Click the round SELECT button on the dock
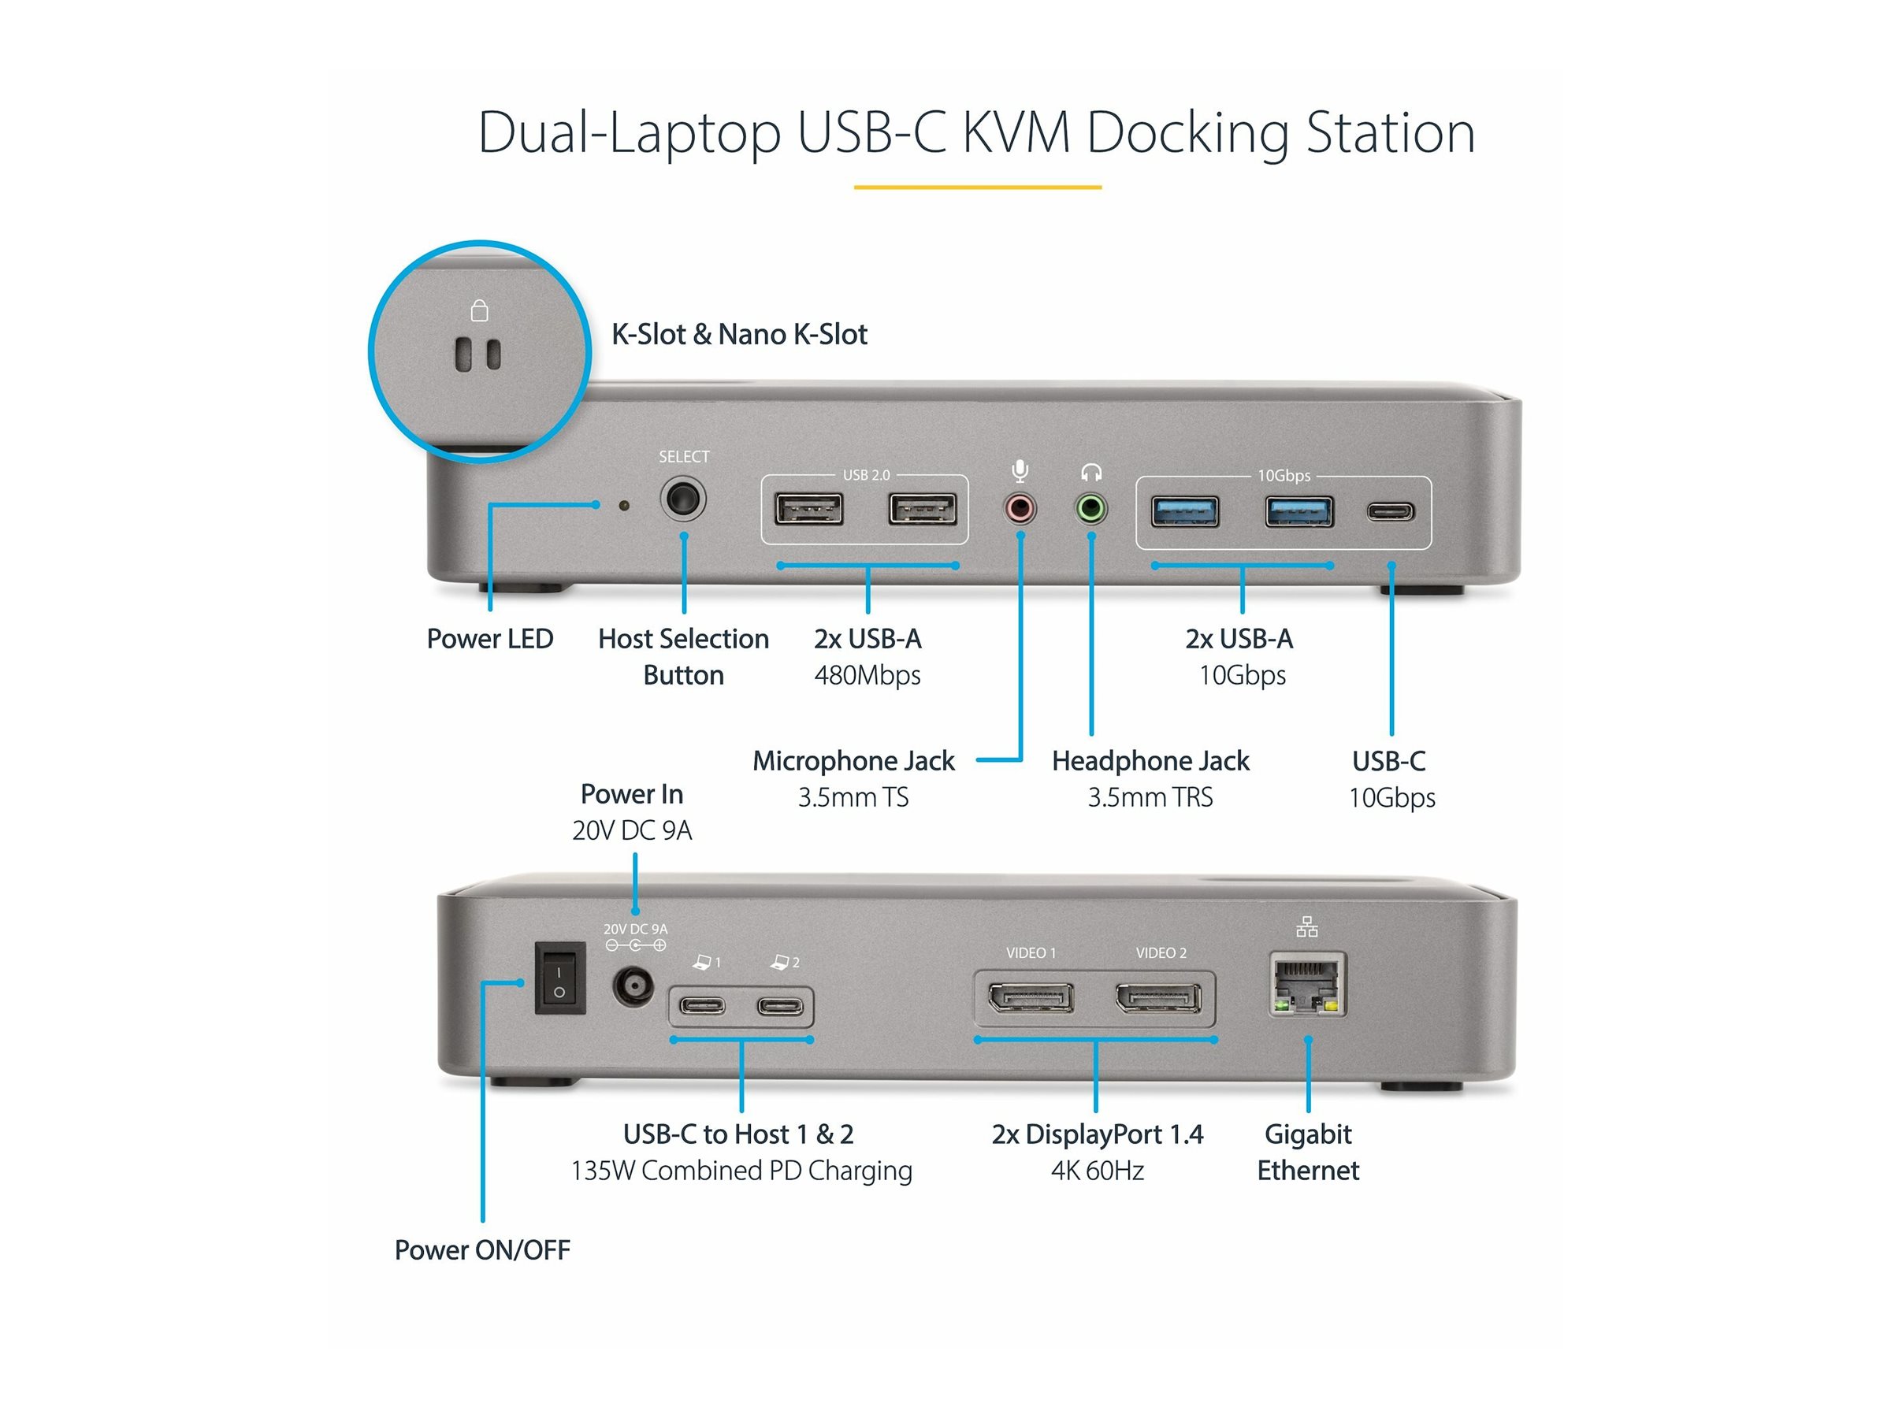682,499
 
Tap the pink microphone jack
1019,510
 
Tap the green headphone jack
1090,510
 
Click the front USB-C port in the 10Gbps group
1390,512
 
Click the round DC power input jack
633,987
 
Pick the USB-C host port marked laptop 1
702,1006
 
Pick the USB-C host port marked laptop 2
781,1006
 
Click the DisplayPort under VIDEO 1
1030,997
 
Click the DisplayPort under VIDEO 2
1157,997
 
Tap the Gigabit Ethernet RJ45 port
1306,985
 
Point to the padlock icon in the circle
480,310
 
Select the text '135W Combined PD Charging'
741,1170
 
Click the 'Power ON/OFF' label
482,1249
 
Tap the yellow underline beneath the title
977,187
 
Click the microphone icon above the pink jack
1019,471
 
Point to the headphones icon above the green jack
1090,472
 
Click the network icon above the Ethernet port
1306,926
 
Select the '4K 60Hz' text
1097,1170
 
